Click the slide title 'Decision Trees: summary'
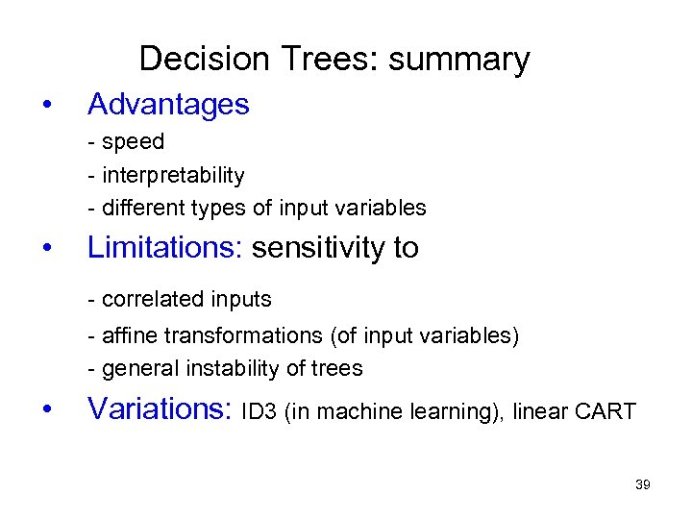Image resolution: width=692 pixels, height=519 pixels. click(x=334, y=60)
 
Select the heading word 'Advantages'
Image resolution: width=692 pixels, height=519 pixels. click(x=168, y=105)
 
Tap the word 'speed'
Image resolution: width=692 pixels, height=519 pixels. click(x=133, y=142)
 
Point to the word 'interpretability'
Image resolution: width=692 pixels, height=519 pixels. click(x=173, y=176)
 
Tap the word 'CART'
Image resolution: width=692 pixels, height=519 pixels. click(x=606, y=412)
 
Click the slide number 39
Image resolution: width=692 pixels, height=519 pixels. click(x=643, y=484)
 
